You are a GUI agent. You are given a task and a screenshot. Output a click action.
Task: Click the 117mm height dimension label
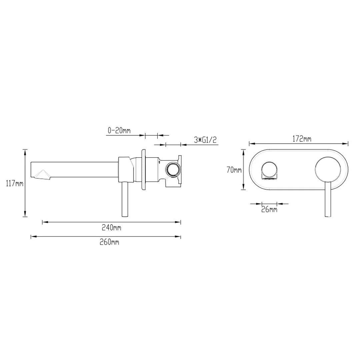[15, 183]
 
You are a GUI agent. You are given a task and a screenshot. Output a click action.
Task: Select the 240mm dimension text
[111, 228]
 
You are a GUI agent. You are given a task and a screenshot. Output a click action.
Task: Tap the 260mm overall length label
[109, 242]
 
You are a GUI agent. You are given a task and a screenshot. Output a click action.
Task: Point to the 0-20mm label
[119, 131]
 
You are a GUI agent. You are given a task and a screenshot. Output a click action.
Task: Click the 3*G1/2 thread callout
[205, 140]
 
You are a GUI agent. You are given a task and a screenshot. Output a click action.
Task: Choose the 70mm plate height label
[234, 170]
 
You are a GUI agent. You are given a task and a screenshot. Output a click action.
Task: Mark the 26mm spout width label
[269, 209]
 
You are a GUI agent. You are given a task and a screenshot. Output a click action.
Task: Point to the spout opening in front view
[269, 171]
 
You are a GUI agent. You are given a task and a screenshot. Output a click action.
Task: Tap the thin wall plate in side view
[144, 170]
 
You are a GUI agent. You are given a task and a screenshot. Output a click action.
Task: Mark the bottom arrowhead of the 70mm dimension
[244, 188]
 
